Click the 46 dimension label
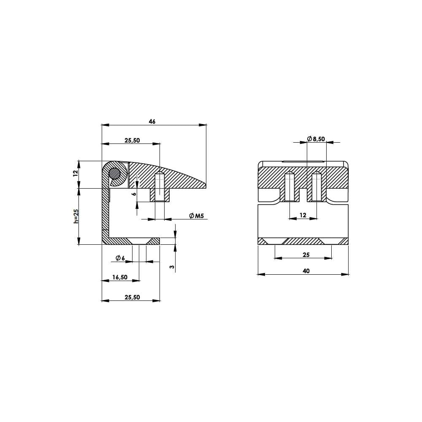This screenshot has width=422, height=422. (152, 122)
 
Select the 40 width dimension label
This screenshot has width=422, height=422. (306, 271)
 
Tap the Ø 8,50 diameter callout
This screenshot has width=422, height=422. (316, 139)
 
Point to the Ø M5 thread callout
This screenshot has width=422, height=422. (197, 216)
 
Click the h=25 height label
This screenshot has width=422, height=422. (76, 216)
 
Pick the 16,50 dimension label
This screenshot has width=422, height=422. (120, 277)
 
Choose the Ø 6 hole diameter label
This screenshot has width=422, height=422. (120, 258)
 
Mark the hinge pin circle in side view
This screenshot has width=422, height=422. (114, 173)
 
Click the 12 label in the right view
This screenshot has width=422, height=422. (303, 215)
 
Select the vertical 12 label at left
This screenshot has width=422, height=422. (76, 173)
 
